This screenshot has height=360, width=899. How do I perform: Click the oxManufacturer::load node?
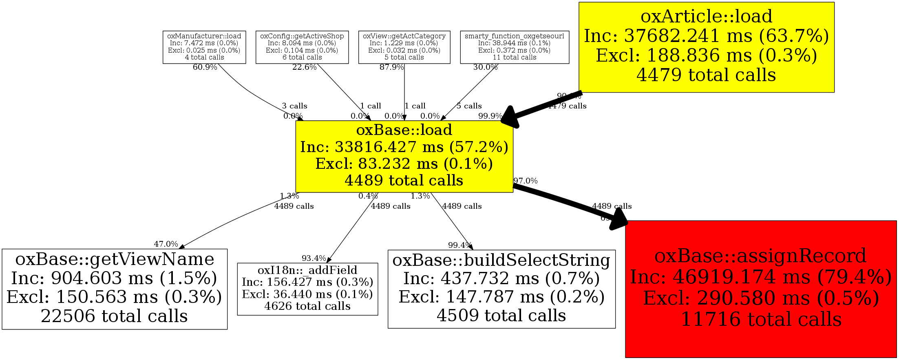pyautogui.click(x=204, y=47)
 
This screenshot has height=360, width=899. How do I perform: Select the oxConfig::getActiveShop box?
pyautogui.click(x=302, y=47)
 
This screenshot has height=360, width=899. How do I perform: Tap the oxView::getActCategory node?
pyautogui.click(x=404, y=47)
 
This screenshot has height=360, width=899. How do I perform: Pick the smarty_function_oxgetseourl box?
pyautogui.click(x=515, y=47)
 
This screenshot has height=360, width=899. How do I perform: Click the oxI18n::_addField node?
pyautogui.click(x=307, y=289)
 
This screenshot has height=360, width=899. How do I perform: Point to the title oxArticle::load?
pyautogui.click(x=706, y=16)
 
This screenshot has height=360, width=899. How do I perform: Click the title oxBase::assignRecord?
pyautogui.click(x=760, y=256)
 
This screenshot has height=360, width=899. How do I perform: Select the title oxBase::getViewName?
pyautogui.click(x=115, y=259)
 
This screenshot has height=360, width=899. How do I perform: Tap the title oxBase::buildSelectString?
pyautogui.click(x=501, y=260)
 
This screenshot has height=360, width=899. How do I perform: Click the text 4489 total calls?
pyautogui.click(x=404, y=180)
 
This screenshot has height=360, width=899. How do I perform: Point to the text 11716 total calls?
pyautogui.click(x=761, y=319)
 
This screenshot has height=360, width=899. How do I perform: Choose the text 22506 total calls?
pyautogui.click(x=114, y=316)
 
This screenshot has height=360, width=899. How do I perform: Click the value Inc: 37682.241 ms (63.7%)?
pyautogui.click(x=706, y=36)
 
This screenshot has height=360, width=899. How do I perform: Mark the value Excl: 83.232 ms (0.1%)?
pyautogui.click(x=404, y=163)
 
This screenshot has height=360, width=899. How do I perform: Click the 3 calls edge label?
pyautogui.click(x=294, y=106)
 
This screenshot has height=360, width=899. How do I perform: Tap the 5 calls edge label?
pyautogui.click(x=469, y=106)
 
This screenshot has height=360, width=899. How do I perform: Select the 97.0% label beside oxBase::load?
pyautogui.click(x=526, y=181)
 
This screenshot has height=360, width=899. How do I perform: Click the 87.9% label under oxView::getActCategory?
pyautogui.click(x=391, y=67)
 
